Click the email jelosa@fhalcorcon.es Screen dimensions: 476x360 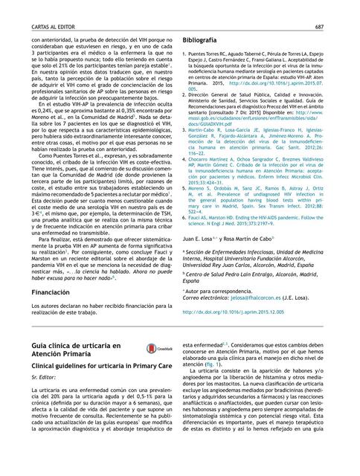coord(259,297)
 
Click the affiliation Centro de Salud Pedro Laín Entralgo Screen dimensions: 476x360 coord(245,274)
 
